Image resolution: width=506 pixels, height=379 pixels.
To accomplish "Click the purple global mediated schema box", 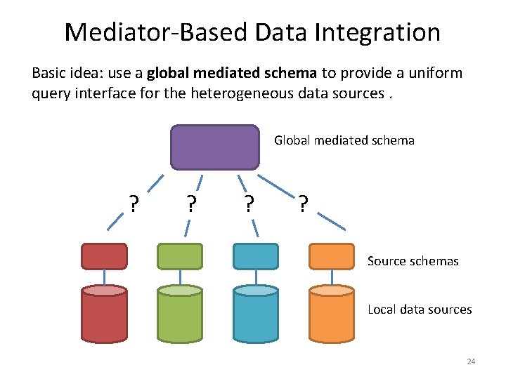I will click(x=214, y=147).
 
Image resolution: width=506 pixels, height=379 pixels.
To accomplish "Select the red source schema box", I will click(x=104, y=256).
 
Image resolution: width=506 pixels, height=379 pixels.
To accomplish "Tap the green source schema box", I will click(x=180, y=256).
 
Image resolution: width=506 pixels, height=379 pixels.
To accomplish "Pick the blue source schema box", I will click(x=255, y=256).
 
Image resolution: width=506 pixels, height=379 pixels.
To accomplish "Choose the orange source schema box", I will click(x=332, y=256).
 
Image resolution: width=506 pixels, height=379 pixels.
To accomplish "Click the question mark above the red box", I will click(x=133, y=204).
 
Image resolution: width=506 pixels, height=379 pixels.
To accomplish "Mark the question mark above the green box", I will click(x=191, y=204).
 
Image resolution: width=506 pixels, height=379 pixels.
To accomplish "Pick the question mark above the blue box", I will click(x=248, y=204).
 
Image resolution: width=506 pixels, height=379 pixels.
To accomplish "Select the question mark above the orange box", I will click(x=302, y=204).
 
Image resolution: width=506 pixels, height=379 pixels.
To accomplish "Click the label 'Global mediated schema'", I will click(x=344, y=140).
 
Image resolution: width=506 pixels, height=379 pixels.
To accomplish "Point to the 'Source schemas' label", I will click(x=413, y=261).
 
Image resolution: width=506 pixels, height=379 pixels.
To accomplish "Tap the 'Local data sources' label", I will click(x=420, y=310).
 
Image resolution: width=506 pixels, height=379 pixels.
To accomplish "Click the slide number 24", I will click(x=471, y=361).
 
